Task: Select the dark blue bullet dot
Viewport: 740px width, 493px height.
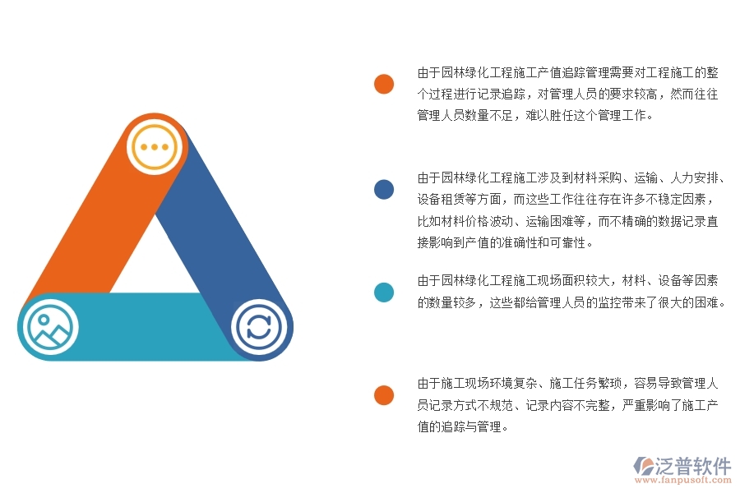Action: coord(383,190)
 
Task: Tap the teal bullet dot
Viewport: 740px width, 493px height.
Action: coord(383,292)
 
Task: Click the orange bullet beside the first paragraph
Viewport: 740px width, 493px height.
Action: coord(383,84)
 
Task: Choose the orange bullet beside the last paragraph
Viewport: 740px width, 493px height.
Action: coord(383,395)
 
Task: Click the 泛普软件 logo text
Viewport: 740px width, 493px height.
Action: coord(693,466)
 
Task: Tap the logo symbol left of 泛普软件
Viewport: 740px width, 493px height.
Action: coord(643,466)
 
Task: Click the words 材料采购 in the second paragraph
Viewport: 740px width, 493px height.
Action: coord(599,177)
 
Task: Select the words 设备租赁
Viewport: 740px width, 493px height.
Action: coord(442,199)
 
